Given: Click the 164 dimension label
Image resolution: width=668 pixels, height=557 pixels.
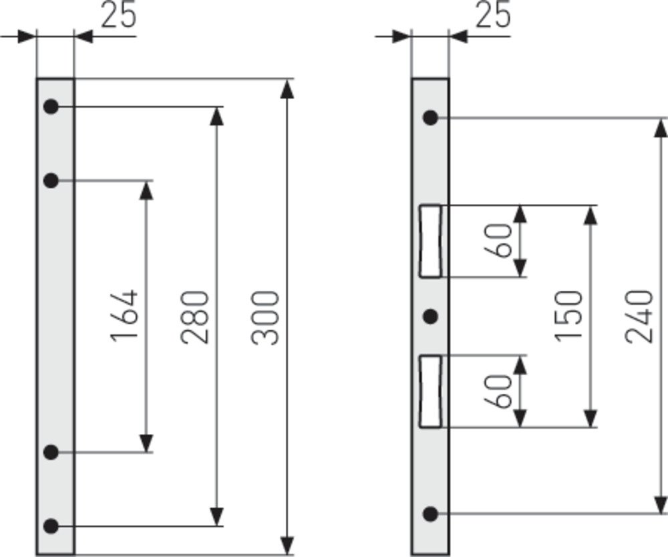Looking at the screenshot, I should tap(125, 316).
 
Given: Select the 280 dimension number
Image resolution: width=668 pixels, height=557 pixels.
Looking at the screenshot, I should tap(195, 317).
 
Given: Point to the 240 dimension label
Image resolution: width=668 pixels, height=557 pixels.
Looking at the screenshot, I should tap(639, 316).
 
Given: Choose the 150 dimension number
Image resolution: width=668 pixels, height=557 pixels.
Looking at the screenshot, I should tap(568, 316).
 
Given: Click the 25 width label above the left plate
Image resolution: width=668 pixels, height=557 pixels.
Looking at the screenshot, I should tap(118, 15).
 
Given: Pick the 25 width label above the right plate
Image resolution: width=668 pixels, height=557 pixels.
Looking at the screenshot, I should tap(493, 15).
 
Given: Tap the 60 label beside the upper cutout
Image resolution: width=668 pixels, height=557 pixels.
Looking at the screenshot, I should tap(499, 241).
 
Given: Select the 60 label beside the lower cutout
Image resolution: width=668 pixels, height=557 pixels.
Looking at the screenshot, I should tap(499, 391).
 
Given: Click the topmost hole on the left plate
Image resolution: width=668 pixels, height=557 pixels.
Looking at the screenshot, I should tap(51, 106).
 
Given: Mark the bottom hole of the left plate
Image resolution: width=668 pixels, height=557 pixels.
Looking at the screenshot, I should tap(51, 526).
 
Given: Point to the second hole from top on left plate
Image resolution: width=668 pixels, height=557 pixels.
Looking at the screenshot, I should tap(51, 180).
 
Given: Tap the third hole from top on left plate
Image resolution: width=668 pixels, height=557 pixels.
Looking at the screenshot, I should tap(51, 452).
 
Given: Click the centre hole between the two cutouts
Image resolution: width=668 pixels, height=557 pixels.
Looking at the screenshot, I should tap(431, 315).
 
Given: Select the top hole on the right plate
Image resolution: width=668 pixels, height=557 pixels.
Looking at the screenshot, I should tap(431, 118).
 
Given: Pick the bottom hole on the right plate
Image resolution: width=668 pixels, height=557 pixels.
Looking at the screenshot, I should tap(431, 514).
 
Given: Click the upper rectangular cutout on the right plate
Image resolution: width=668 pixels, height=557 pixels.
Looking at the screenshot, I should tap(430, 241).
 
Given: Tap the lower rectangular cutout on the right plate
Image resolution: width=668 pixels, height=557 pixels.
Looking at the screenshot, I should tap(430, 391).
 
